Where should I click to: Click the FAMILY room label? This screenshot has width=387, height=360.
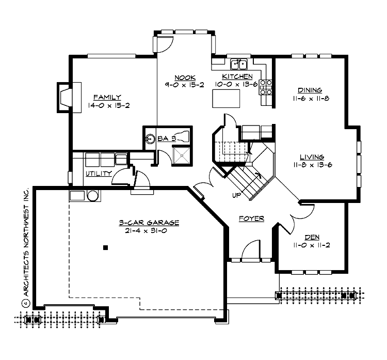tap(107, 97)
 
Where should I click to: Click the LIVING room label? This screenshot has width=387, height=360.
tap(311, 157)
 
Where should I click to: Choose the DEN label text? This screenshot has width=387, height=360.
tap(311, 237)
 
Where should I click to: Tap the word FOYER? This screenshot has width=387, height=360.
tap(251, 218)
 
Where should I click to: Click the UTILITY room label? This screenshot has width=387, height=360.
tap(99, 174)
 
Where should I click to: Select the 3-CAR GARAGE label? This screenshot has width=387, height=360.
tap(149, 223)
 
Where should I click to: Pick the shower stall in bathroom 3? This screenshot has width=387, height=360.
tap(181, 154)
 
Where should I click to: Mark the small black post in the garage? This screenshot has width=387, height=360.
tap(105, 247)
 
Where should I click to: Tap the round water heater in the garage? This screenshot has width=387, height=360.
tap(93, 196)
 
